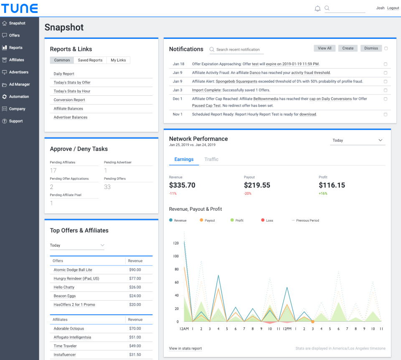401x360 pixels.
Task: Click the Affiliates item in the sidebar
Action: tap(16, 60)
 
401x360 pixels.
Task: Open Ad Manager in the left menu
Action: tap(19, 84)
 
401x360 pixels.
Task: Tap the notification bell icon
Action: tap(317, 8)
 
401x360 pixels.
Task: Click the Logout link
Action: tap(393, 8)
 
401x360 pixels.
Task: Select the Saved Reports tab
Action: tap(90, 60)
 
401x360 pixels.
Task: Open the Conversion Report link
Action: tap(69, 100)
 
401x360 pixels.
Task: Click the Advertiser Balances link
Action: tap(71, 117)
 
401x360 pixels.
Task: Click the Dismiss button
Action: tap(371, 49)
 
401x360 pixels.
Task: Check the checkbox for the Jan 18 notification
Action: tap(385, 64)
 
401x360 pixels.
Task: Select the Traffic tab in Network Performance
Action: tap(211, 159)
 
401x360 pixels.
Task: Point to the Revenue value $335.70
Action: tap(182, 185)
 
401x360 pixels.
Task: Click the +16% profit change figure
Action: tap(323, 194)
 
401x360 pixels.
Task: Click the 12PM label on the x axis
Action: tap(287, 329)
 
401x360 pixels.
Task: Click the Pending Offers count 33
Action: tap(107, 187)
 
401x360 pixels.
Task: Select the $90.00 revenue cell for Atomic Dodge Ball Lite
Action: tap(135, 270)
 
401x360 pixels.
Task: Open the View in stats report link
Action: tap(185, 348)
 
